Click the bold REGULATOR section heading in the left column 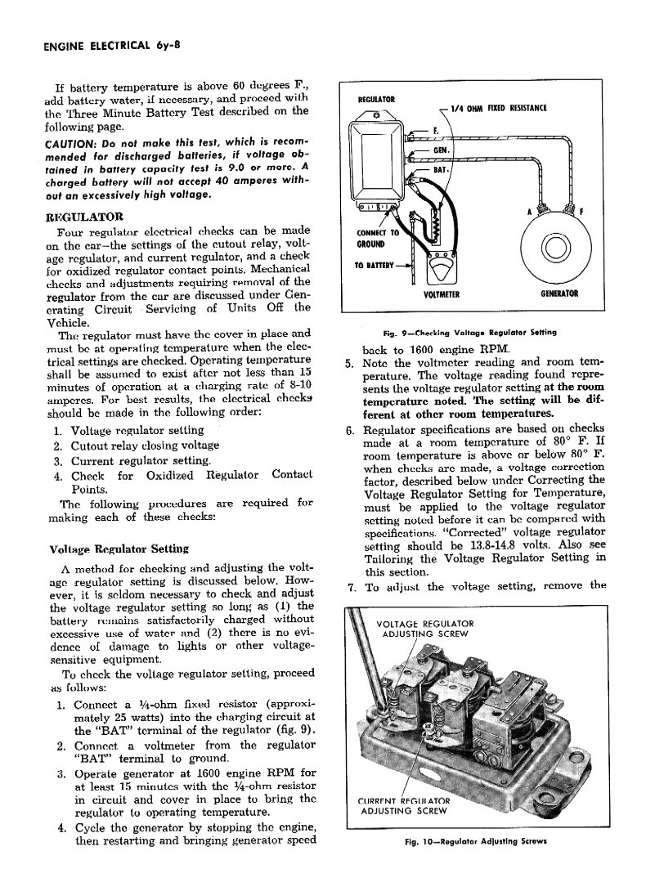[x=86, y=217]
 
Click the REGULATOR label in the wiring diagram [x=376, y=101]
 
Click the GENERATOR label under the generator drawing [x=559, y=294]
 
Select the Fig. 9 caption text [x=469, y=333]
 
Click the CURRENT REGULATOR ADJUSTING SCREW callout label [x=406, y=805]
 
